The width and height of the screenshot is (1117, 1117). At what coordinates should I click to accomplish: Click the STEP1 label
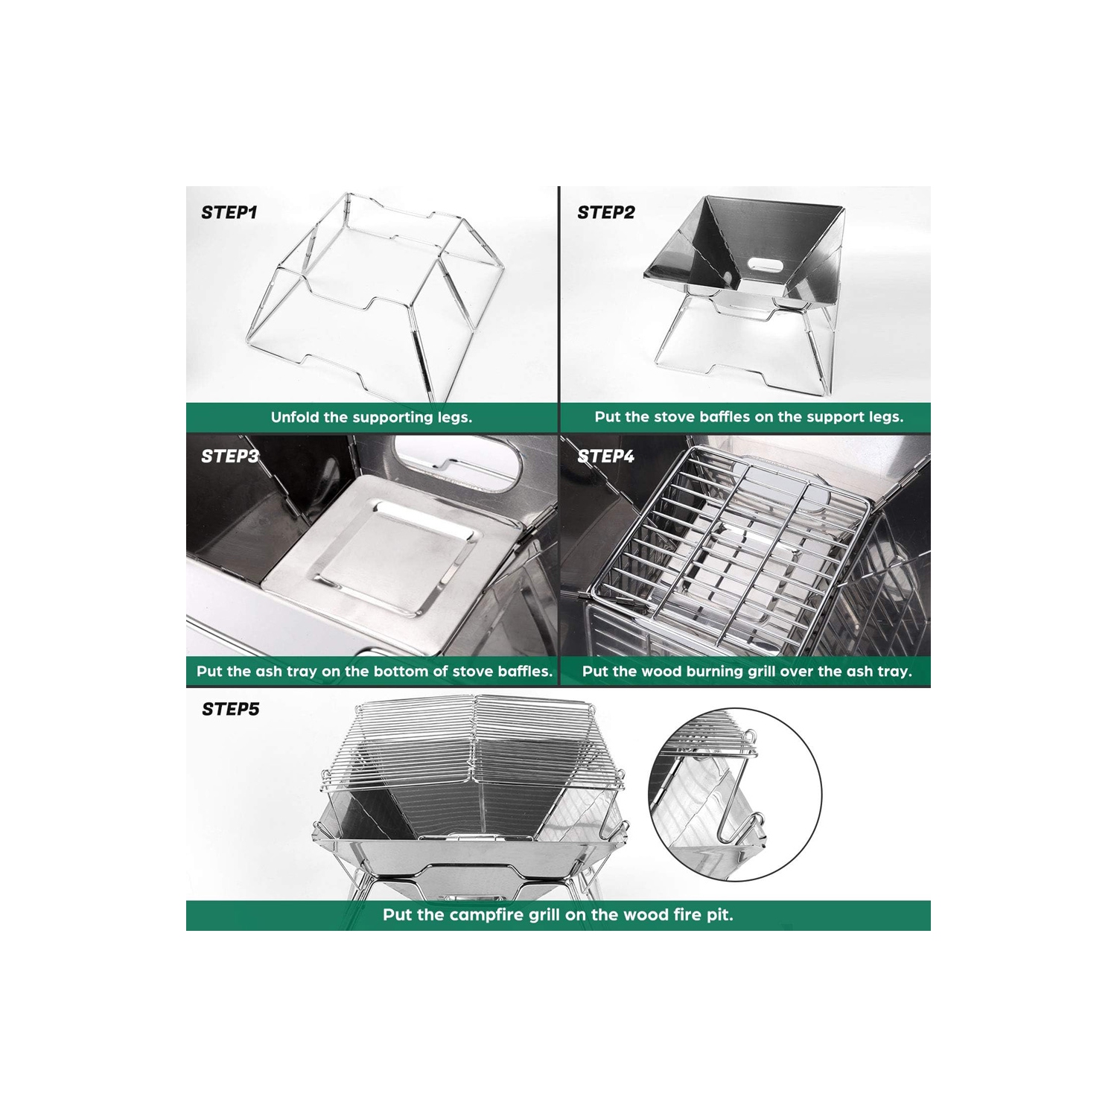tap(229, 212)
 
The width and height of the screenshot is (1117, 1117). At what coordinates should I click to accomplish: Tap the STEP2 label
tap(606, 212)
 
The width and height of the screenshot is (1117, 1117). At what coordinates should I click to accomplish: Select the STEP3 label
tap(230, 456)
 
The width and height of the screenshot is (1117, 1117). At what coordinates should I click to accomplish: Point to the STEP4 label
tap(606, 456)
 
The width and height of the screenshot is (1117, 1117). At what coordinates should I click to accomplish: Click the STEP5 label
tap(231, 709)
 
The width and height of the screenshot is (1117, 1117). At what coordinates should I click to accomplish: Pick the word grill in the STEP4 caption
tap(733, 672)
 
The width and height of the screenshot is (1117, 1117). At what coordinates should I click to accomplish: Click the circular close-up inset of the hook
tap(736, 795)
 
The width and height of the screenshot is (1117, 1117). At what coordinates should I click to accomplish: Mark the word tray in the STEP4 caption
tap(894, 672)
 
